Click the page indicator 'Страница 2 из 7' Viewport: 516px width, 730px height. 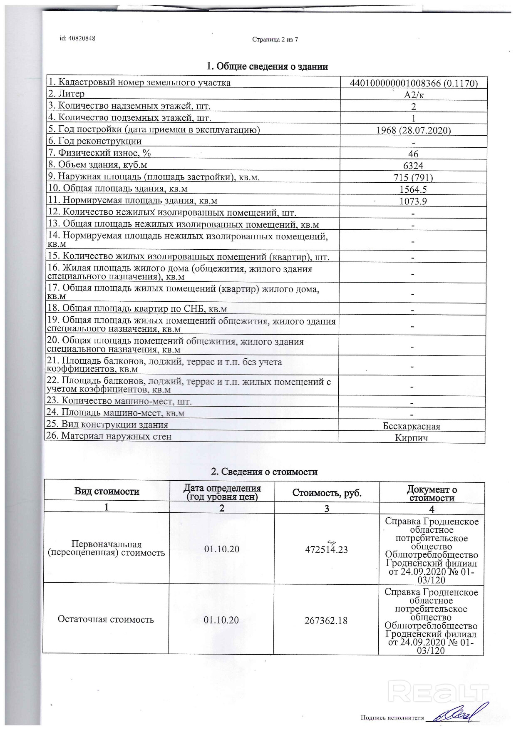(x=275, y=40)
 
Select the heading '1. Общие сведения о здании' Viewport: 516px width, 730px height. (x=267, y=67)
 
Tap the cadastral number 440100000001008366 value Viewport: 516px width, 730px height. (x=413, y=83)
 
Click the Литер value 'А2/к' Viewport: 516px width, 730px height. (x=414, y=95)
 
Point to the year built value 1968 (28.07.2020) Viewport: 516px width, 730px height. (x=413, y=130)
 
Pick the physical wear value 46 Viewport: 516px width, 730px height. (x=413, y=154)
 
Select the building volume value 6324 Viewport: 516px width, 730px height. (x=413, y=166)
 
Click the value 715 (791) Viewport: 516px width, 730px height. (x=413, y=178)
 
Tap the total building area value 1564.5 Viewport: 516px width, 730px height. (x=413, y=189)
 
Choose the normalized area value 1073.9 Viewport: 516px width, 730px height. (x=413, y=201)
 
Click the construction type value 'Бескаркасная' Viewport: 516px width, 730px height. (x=411, y=426)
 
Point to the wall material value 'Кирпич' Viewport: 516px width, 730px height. (x=411, y=438)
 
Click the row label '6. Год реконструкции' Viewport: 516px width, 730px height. (x=95, y=141)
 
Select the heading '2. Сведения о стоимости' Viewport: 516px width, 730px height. (x=264, y=472)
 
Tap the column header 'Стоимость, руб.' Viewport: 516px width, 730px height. (x=327, y=493)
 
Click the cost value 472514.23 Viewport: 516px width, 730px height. (x=326, y=549)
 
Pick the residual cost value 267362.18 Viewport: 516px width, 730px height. (x=326, y=621)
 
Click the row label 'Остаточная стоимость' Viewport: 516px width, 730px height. (x=106, y=619)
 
